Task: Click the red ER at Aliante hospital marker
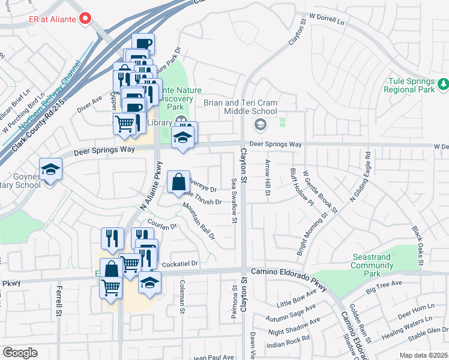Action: coord(85,18)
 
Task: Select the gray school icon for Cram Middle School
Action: coord(260,125)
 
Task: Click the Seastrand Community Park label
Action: coord(372,265)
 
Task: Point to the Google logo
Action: coord(20,352)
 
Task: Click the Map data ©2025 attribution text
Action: coord(423,355)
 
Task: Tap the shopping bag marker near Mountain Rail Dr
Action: coord(179,182)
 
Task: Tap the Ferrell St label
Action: coord(59,301)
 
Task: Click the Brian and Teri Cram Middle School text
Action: coord(241,107)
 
